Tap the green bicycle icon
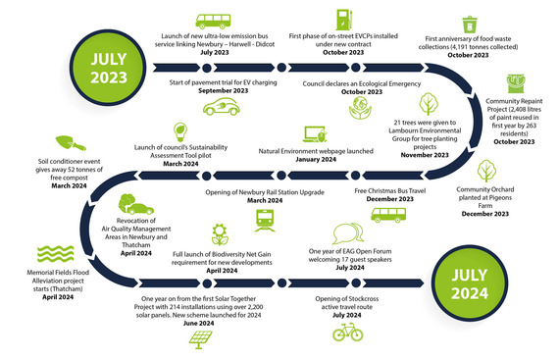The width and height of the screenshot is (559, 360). pyautogui.click(x=348, y=334)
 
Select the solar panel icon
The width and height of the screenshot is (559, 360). pyautogui.click(x=200, y=337)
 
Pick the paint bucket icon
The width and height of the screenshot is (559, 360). pyautogui.click(x=516, y=83)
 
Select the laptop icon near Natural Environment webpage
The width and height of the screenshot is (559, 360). pyautogui.click(x=314, y=134)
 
